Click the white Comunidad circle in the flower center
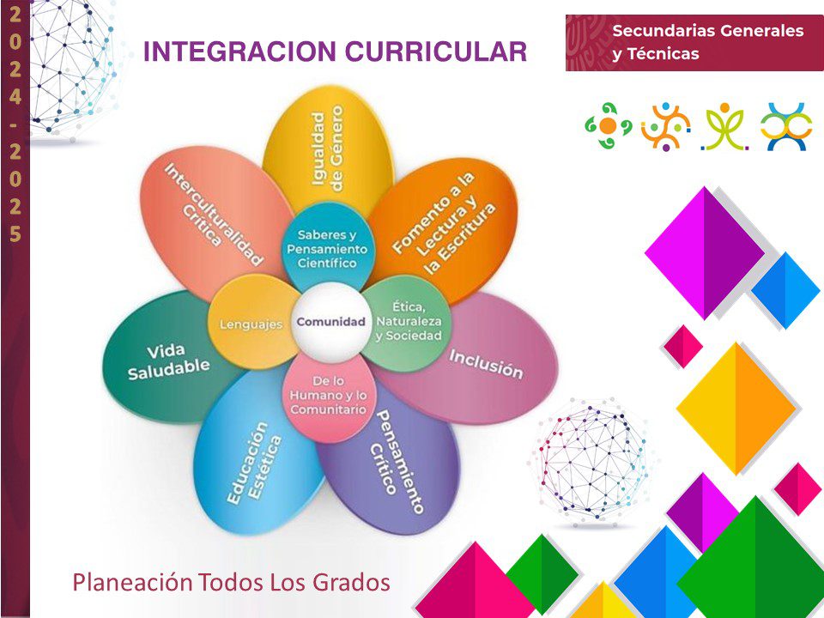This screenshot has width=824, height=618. pyautogui.click(x=331, y=322)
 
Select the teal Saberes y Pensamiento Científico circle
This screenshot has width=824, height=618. pyautogui.click(x=327, y=246)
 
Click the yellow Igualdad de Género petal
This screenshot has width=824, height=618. pyautogui.click(x=328, y=149)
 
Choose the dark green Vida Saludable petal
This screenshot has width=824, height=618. pyautogui.click(x=168, y=360)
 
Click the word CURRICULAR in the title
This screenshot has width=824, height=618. pyautogui.click(x=436, y=51)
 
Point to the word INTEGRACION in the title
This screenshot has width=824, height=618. pyautogui.click(x=239, y=51)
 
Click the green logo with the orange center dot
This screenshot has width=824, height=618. pyautogui.click(x=608, y=125)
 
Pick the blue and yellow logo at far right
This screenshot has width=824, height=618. pyautogui.click(x=786, y=127)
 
